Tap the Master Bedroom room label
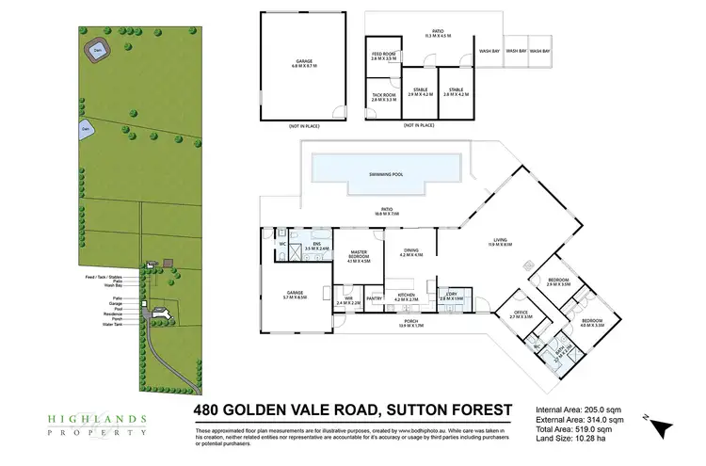(x=359, y=253)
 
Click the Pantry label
(x=374, y=298)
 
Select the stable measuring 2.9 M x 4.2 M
(x=420, y=92)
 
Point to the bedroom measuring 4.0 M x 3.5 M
(x=592, y=324)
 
